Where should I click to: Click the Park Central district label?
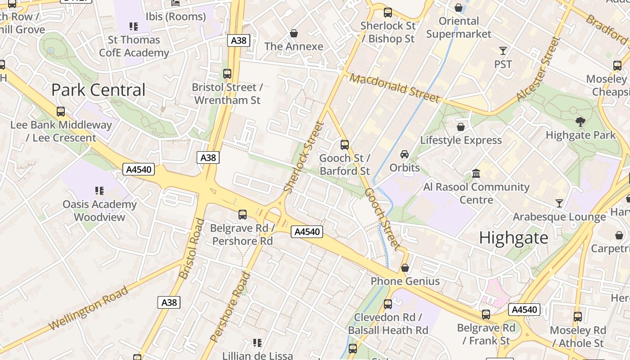(98, 90)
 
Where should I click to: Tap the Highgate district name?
(513, 238)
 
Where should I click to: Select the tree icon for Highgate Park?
(580, 121)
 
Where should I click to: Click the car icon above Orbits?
(405, 154)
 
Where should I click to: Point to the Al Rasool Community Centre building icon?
(476, 173)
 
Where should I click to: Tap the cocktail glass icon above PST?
(503, 51)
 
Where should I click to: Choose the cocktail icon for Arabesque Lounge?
(559, 203)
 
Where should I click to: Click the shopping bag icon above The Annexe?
(294, 33)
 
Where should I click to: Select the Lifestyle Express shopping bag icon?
(460, 127)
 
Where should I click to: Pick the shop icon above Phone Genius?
(405, 268)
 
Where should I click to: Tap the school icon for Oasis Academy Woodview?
(99, 191)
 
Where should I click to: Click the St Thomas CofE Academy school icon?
(133, 27)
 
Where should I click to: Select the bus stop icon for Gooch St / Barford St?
(345, 145)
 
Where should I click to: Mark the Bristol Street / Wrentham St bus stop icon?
(227, 74)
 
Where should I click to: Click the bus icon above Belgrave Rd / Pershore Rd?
(243, 215)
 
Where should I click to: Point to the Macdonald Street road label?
(394, 88)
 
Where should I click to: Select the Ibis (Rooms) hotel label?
(175, 17)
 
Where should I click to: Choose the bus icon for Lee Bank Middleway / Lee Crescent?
(61, 112)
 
